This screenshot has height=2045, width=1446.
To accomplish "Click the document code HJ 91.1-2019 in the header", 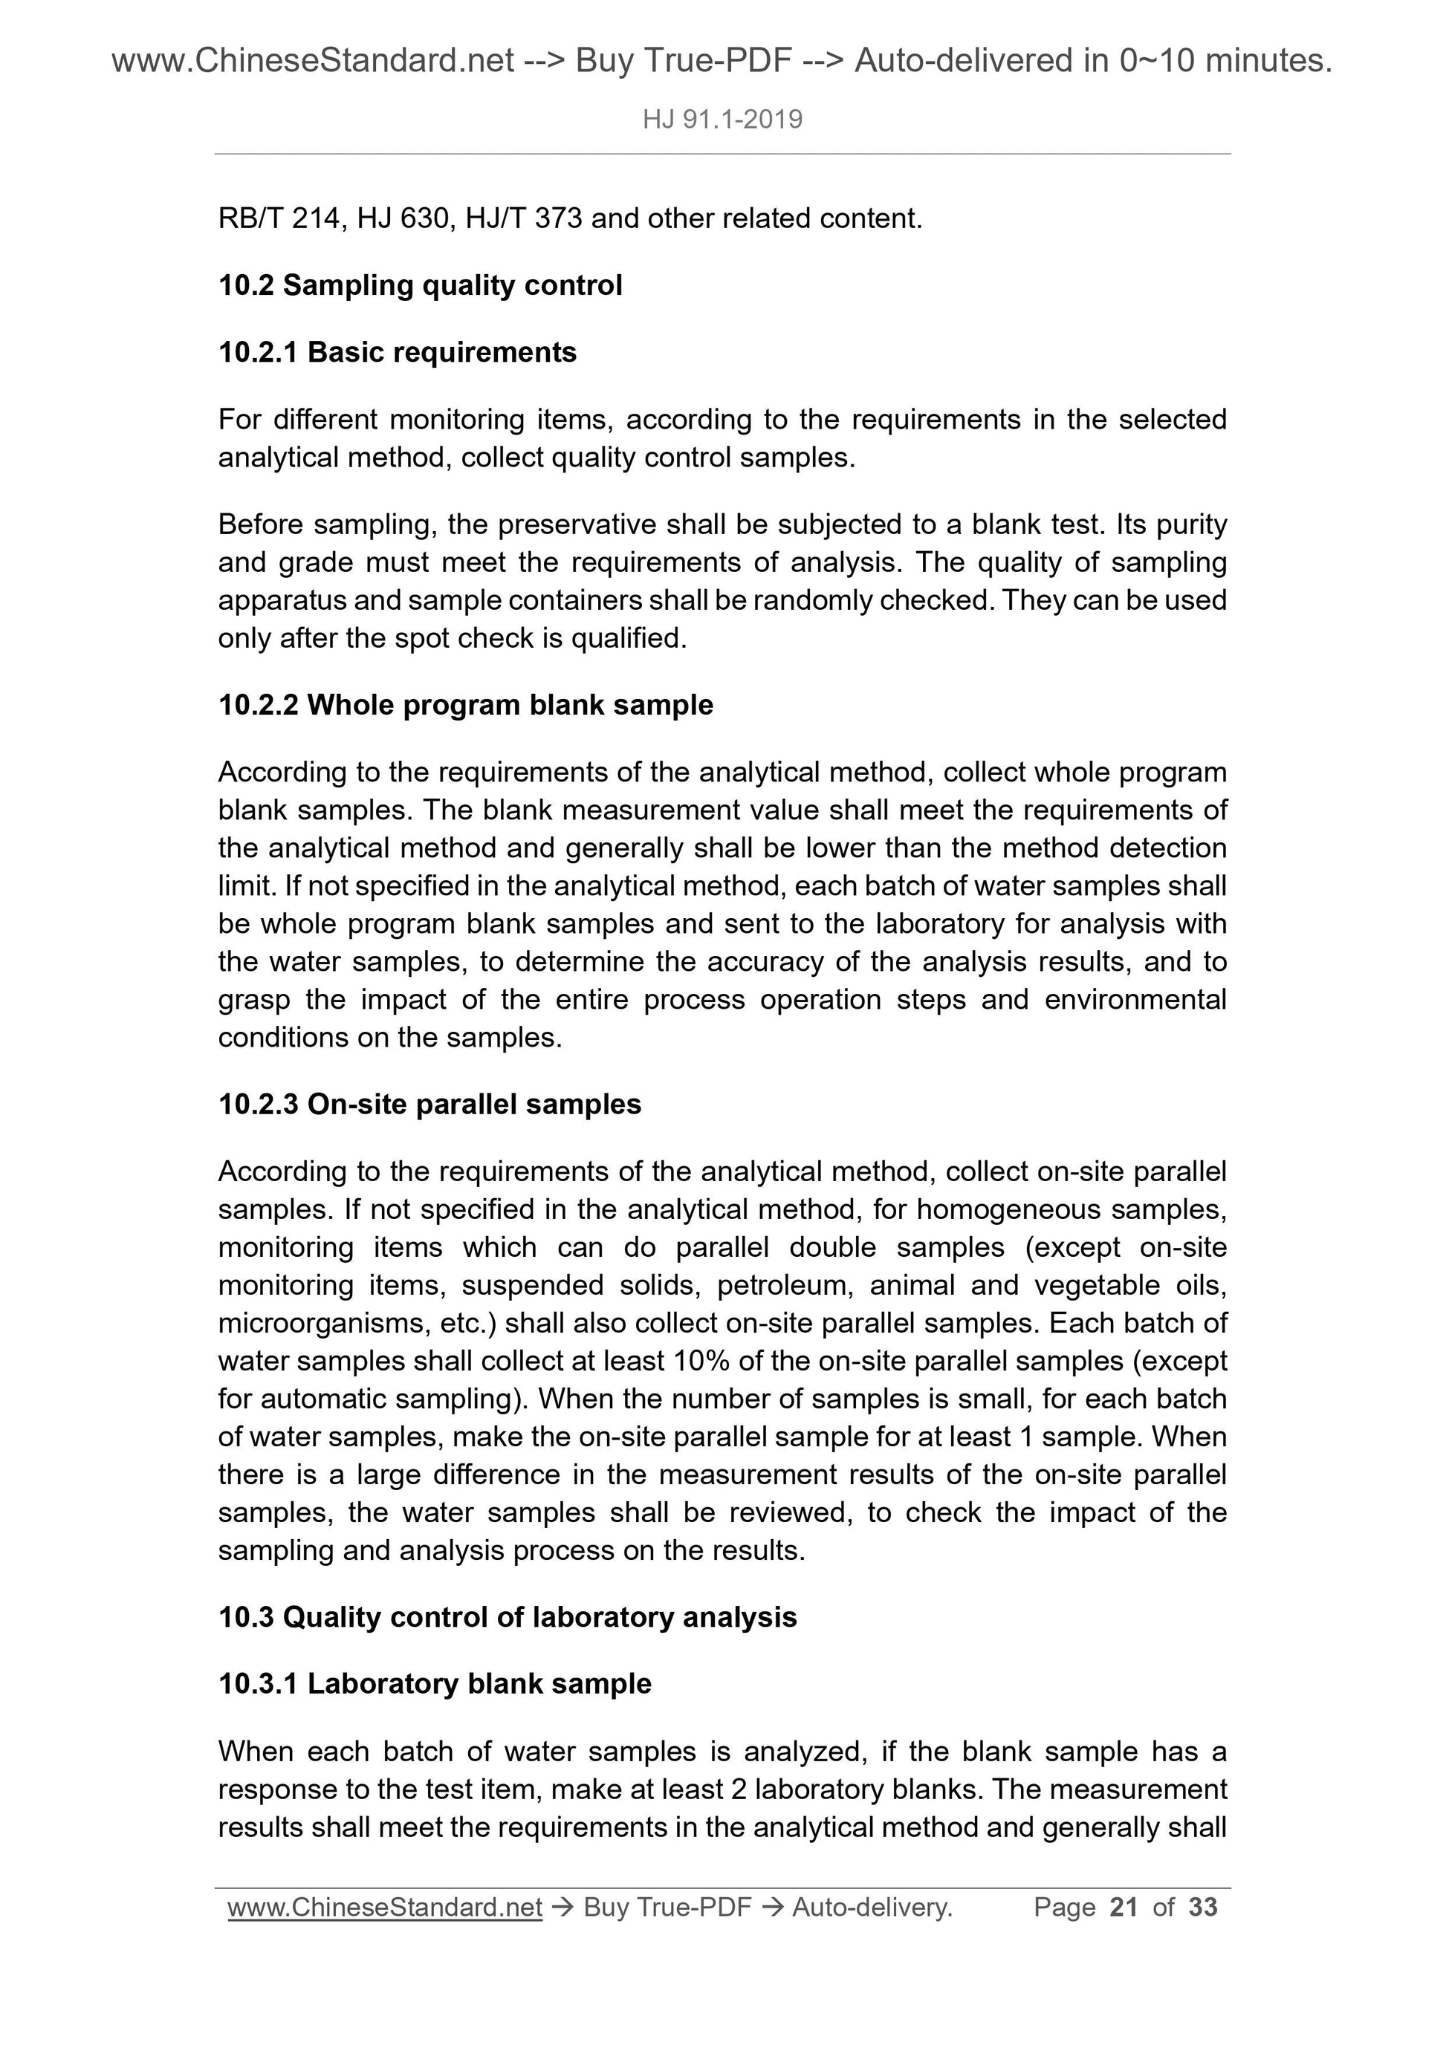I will (722, 120).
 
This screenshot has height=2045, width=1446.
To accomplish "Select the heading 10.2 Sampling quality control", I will (420, 286).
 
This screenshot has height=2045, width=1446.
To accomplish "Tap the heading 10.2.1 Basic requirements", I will (398, 353).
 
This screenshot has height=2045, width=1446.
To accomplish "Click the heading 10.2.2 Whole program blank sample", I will (465, 706).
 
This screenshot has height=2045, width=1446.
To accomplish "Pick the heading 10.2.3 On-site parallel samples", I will (429, 1105).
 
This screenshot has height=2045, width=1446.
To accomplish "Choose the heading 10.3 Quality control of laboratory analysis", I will (507, 1616).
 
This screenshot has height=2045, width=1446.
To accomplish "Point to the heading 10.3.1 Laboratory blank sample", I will (435, 1683).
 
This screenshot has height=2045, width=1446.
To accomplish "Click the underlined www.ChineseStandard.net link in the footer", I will (385, 1907).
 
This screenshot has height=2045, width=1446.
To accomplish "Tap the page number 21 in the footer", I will (1124, 1907).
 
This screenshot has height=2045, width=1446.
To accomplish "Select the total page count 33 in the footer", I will (1203, 1907).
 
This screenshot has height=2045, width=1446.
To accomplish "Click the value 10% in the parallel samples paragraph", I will (704, 1361).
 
